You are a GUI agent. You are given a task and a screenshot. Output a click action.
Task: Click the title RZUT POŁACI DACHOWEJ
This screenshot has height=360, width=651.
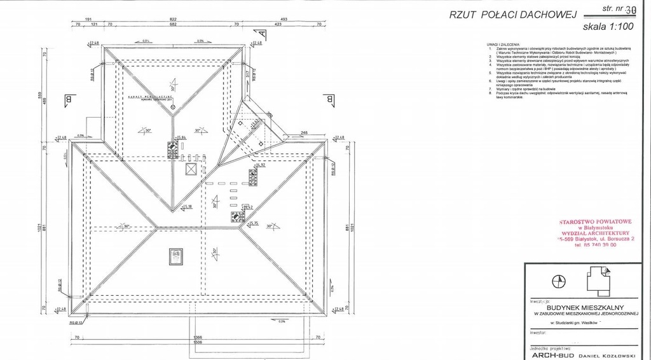tap(512, 15)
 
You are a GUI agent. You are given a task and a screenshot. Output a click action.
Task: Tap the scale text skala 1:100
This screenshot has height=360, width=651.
tap(609, 27)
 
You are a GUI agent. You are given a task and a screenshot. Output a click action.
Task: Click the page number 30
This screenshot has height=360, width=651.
tap(630, 10)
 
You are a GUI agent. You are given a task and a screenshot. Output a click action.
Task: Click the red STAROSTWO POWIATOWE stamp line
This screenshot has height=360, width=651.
tap(595, 222)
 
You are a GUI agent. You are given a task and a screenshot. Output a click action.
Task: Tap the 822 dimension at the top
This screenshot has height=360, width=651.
tap(173, 20)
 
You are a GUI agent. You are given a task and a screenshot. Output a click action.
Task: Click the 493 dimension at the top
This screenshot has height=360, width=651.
tap(284, 20)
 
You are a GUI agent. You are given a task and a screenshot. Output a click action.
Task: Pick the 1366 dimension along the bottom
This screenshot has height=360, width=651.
tap(198, 337)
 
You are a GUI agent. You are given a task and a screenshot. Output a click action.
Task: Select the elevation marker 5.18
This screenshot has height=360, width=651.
tap(188, 207)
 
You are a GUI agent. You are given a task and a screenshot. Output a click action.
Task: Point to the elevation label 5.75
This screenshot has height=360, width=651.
tap(252, 223)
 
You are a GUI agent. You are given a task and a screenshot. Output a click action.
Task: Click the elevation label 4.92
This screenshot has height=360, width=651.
tap(260, 165)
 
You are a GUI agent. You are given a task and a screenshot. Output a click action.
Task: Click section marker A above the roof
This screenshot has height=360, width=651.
tap(261, 35)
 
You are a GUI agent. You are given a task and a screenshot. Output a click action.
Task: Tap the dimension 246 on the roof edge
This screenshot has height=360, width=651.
tap(305, 133)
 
